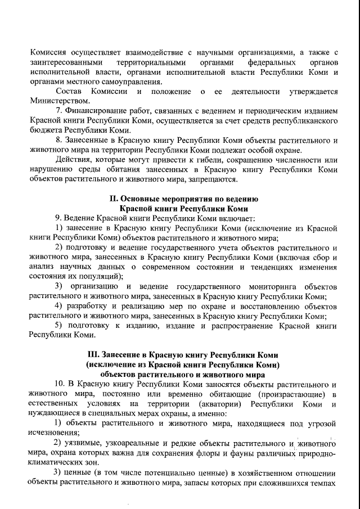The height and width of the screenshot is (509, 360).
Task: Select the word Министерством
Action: (x=59, y=101)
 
